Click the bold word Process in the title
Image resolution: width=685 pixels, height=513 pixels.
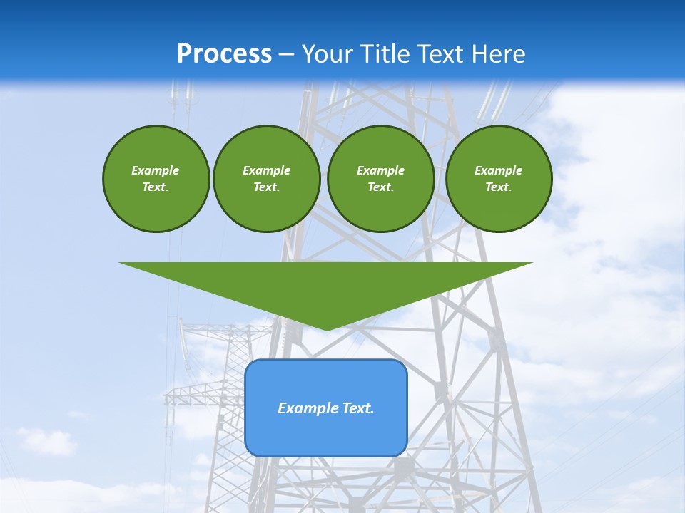click(x=224, y=54)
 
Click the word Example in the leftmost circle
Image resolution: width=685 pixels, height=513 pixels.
click(x=155, y=170)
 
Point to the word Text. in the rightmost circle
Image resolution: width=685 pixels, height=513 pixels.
click(x=498, y=187)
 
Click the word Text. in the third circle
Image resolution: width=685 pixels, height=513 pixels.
click(x=380, y=187)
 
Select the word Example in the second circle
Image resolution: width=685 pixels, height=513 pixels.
click(x=266, y=170)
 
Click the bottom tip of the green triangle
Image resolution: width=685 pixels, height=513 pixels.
click(x=326, y=328)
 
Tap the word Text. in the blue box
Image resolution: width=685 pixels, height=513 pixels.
click(x=358, y=408)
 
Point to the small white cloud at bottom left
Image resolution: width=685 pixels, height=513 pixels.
click(x=46, y=442)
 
